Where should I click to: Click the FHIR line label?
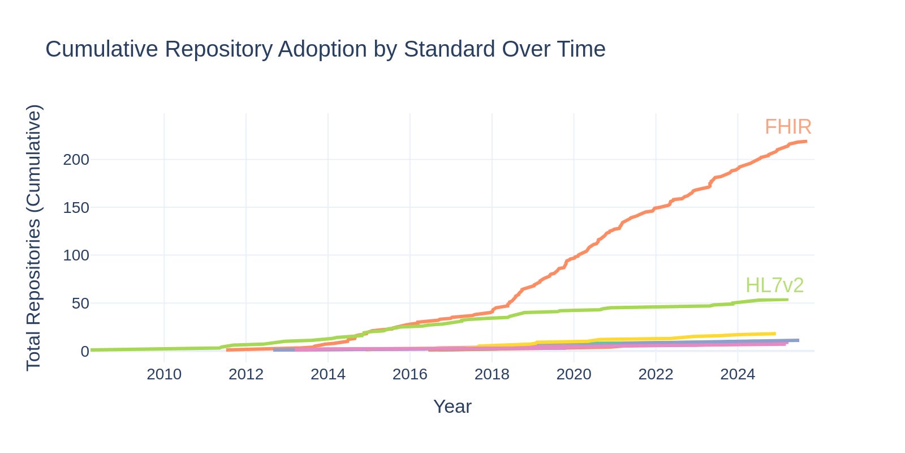tap(788, 127)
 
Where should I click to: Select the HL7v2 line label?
tap(774, 285)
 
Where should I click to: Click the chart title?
tap(325, 49)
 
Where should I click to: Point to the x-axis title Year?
tap(452, 407)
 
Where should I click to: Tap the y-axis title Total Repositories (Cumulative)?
tap(33, 238)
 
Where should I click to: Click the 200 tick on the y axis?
tap(76, 160)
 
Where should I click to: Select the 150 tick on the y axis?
tap(76, 208)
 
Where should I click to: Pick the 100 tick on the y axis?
tap(76, 255)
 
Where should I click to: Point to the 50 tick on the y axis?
tap(80, 304)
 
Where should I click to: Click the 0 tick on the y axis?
tap(85, 352)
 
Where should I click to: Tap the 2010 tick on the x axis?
tap(164, 374)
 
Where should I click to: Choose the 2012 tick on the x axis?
tap(246, 374)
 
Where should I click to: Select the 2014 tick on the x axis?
tap(328, 374)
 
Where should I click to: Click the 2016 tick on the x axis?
tap(410, 374)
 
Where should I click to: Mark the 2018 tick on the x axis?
tap(492, 374)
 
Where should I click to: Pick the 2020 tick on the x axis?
tap(574, 374)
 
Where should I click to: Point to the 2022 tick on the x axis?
tap(656, 374)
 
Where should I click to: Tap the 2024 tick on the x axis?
tap(738, 374)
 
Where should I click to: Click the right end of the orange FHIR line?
tap(807, 141)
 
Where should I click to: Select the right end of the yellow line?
tap(775, 334)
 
